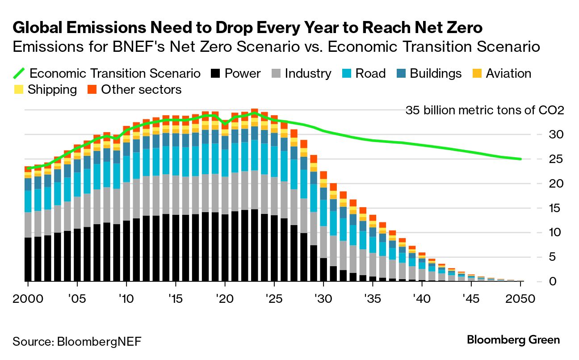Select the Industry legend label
click(308, 74)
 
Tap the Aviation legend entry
click(508, 74)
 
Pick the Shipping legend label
click(52, 90)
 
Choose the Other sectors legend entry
click(141, 90)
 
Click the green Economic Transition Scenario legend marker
click(19, 74)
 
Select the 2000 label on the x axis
click(28, 298)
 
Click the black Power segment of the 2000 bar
click(28, 259)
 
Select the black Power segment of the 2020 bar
click(225, 248)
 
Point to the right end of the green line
click(520, 159)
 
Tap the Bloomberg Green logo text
click(513, 340)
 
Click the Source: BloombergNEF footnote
click(77, 342)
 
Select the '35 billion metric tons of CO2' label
click(485, 110)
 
